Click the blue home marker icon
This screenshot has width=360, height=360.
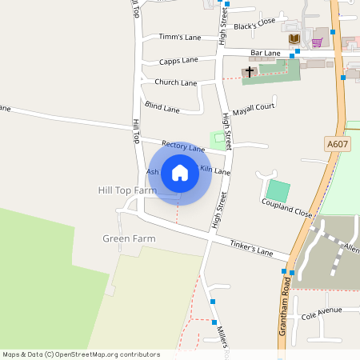(x=180, y=172)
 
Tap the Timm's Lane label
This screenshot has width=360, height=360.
(x=180, y=37)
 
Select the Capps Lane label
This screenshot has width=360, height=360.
(x=178, y=61)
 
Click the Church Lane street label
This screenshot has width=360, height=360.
(x=176, y=82)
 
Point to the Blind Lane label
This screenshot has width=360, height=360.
(x=162, y=107)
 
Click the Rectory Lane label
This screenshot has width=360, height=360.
(x=184, y=146)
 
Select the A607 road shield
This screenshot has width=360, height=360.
(x=338, y=143)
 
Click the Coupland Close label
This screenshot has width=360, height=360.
(x=286, y=208)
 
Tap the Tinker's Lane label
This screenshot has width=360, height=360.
(x=251, y=248)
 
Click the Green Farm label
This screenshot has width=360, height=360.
(x=129, y=238)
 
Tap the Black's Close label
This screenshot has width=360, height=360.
(x=254, y=23)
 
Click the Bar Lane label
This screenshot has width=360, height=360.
(x=266, y=53)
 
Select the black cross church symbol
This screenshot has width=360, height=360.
(x=250, y=72)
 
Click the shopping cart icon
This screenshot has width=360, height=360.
(x=317, y=40)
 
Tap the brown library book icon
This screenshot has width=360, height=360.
(x=294, y=39)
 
